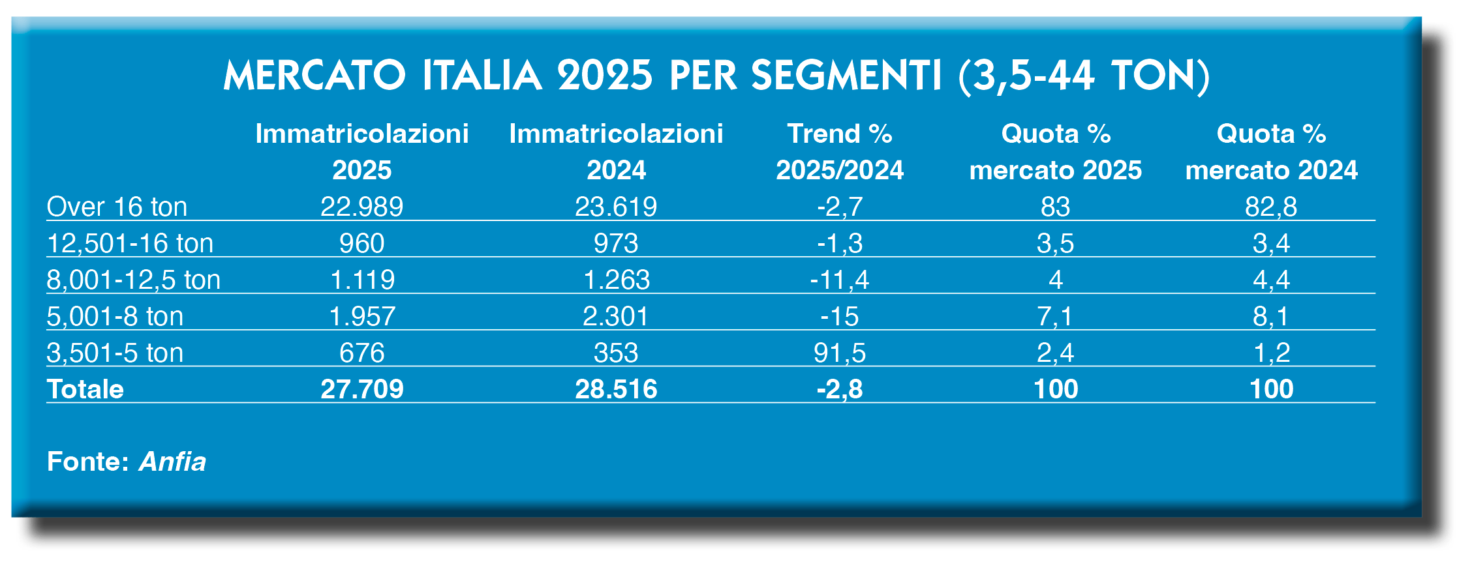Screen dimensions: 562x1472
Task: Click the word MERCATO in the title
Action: (x=314, y=76)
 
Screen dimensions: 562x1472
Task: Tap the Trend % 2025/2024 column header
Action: (x=840, y=151)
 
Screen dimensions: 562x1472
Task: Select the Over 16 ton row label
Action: (x=117, y=207)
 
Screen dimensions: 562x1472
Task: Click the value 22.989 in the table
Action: (x=361, y=207)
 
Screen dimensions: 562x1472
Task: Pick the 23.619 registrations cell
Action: (x=615, y=207)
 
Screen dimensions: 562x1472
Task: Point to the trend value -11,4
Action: (x=839, y=280)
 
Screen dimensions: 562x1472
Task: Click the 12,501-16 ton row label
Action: (x=130, y=244)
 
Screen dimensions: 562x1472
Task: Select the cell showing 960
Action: (x=361, y=244)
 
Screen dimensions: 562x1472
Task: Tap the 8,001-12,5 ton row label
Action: (x=133, y=280)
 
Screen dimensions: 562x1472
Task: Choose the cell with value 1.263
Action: (x=616, y=280)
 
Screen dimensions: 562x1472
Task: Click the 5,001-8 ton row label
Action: (x=115, y=317)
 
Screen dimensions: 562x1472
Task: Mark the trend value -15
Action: (x=839, y=317)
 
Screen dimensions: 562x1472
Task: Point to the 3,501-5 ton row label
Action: (x=115, y=353)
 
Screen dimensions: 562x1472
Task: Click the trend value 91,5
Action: (x=839, y=353)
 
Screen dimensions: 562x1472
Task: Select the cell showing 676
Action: (x=361, y=353)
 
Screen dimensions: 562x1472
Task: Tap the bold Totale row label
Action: (x=85, y=389)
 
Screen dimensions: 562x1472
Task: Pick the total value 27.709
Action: (x=361, y=389)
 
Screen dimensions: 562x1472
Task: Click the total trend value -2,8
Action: (x=839, y=389)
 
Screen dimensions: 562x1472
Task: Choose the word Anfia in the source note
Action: (x=172, y=462)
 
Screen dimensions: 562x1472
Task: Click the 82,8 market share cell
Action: (x=1270, y=207)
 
